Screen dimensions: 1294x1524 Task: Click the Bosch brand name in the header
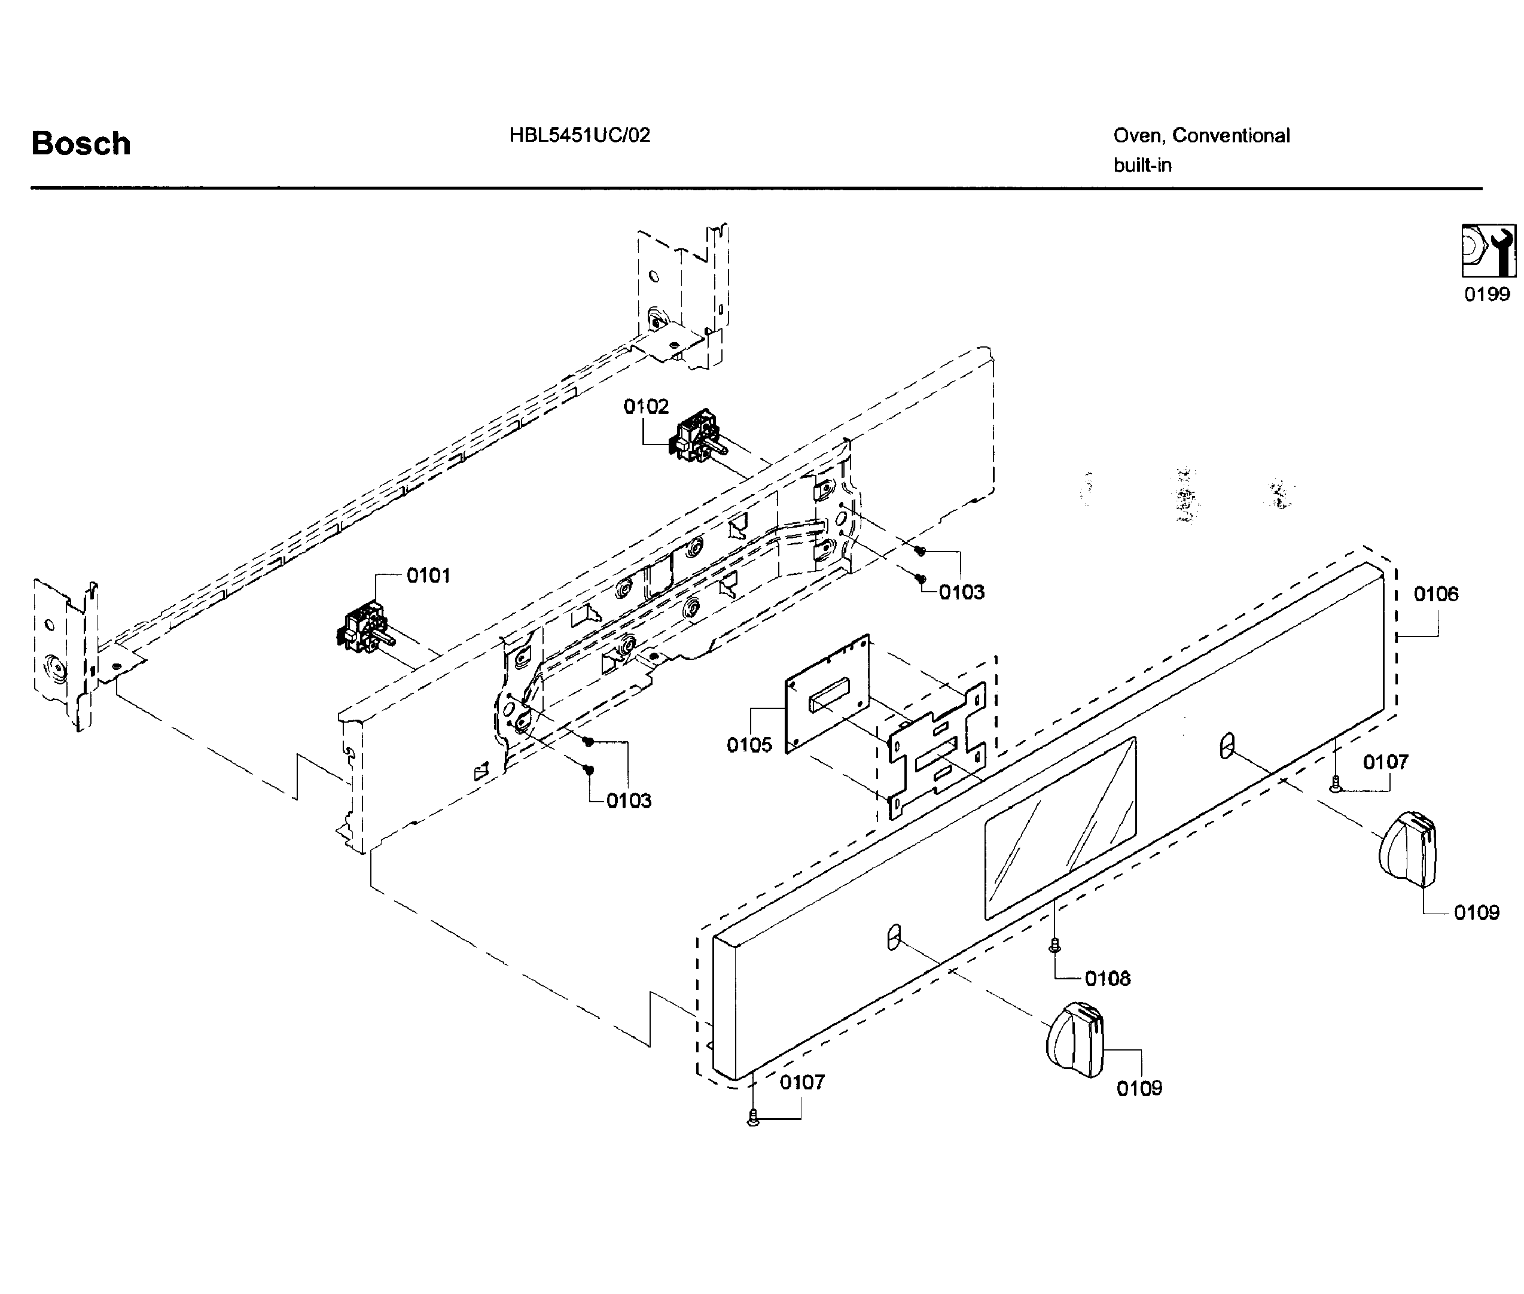tap(81, 144)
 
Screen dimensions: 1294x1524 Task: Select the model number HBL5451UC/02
tap(580, 135)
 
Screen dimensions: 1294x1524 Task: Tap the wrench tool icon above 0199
tap(1488, 251)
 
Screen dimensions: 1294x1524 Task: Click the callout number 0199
tap(1486, 294)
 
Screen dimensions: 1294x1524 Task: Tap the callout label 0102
tap(646, 406)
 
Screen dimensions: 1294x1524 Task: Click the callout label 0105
tap(749, 745)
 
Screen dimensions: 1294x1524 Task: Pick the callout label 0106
tap(1436, 594)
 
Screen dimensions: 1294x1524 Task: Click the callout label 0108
tap(1108, 979)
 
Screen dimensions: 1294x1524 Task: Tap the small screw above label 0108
tap(1054, 946)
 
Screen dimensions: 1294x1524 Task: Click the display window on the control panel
tap(1060, 827)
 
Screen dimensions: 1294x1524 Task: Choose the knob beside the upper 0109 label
tap(1408, 850)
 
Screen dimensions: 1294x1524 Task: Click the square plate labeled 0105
tap(827, 694)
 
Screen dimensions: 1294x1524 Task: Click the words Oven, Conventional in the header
tap(1201, 136)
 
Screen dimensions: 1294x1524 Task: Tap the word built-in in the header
tap(1142, 166)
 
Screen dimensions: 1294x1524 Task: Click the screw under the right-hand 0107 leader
tap(1336, 785)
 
